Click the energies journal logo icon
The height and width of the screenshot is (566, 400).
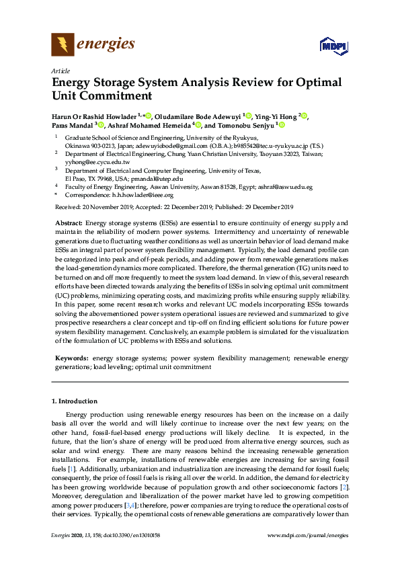[63, 45]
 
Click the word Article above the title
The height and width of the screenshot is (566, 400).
[60, 70]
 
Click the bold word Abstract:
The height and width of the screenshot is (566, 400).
[68, 223]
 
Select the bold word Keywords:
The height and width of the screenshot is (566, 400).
[72, 360]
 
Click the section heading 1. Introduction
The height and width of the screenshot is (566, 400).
[75, 401]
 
